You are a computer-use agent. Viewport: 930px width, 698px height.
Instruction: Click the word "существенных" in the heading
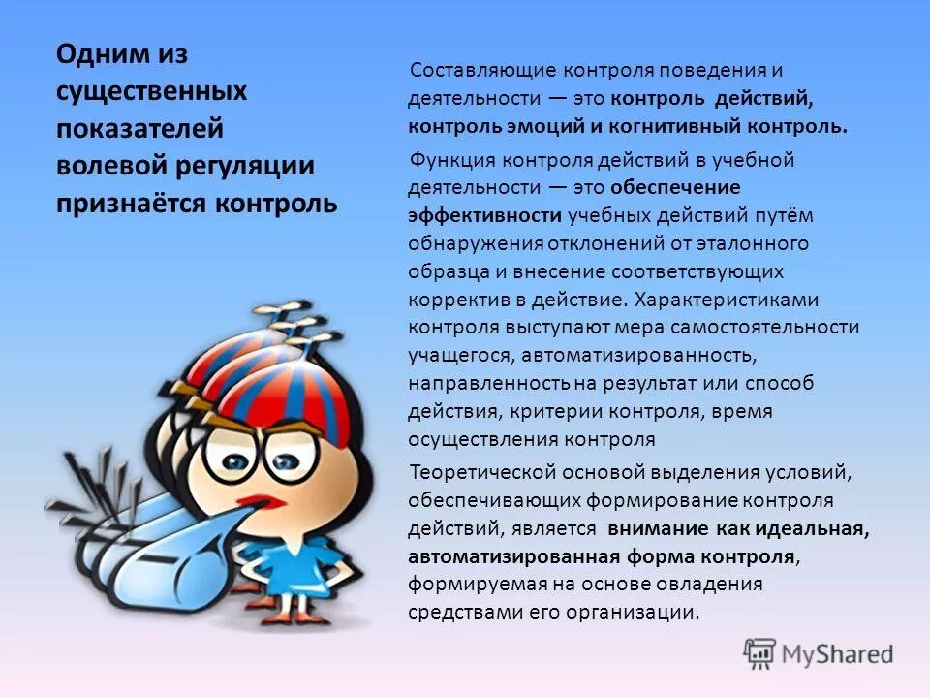click(x=151, y=92)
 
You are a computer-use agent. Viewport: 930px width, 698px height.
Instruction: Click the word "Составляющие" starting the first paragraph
click(x=478, y=71)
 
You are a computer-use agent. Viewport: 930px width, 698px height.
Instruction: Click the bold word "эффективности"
click(x=484, y=215)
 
